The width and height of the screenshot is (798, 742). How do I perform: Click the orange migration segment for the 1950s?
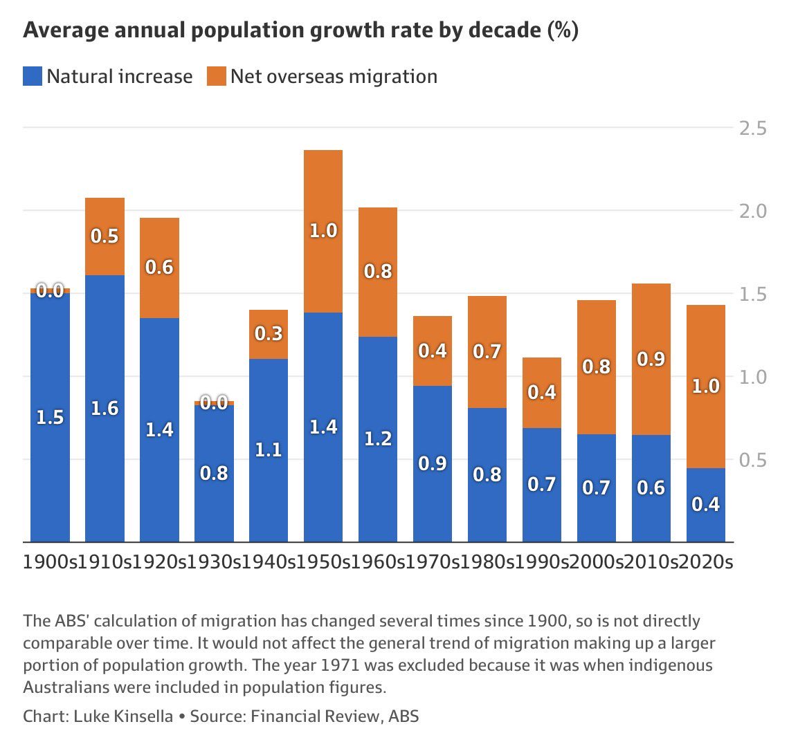click(x=323, y=231)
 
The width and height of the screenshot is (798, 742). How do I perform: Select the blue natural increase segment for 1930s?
click(x=214, y=473)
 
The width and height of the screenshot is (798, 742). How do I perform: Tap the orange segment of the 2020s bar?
click(x=705, y=386)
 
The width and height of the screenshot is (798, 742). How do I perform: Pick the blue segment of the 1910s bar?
click(x=105, y=408)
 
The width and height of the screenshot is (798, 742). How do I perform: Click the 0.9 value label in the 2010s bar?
click(x=651, y=359)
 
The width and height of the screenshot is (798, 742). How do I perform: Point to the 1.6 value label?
click(x=105, y=408)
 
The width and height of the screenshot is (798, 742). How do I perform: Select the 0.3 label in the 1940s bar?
click(x=269, y=334)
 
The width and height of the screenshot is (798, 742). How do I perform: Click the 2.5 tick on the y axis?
click(x=752, y=129)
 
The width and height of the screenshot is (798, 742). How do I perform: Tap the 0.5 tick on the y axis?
click(x=752, y=460)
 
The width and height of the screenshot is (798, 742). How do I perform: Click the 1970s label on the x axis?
click(x=433, y=562)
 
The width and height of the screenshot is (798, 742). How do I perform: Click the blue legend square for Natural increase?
click(x=33, y=76)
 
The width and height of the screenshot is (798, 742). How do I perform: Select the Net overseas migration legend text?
click(x=334, y=76)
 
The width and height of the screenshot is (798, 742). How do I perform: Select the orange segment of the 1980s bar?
click(x=487, y=351)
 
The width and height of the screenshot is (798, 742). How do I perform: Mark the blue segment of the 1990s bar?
click(x=542, y=484)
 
